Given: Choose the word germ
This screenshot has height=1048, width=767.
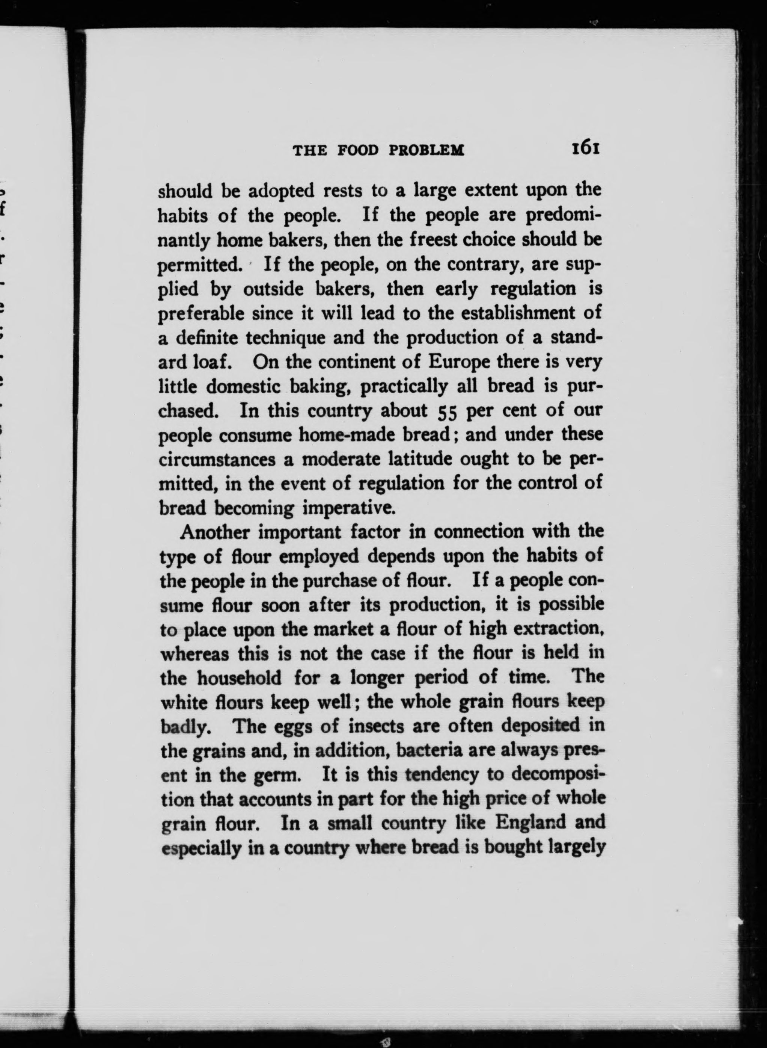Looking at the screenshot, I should click(275, 775).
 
